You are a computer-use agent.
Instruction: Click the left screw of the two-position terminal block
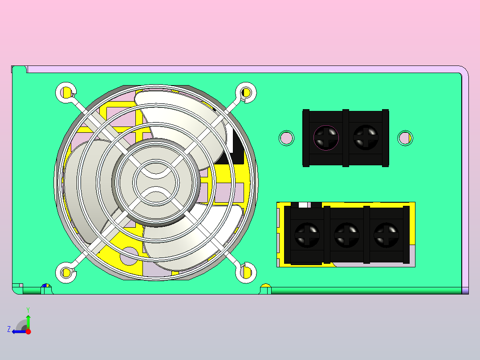pyautogui.click(x=326, y=138)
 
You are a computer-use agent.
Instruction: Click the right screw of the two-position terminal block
pyautogui.click(x=366, y=138)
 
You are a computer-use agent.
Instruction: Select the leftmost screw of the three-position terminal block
pyautogui.click(x=307, y=235)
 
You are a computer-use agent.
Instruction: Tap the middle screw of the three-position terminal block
pyautogui.click(x=346, y=235)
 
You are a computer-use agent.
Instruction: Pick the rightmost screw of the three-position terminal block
pyautogui.click(x=386, y=235)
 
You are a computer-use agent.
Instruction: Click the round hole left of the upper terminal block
pyautogui.click(x=287, y=138)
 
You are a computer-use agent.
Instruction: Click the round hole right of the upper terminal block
pyautogui.click(x=405, y=138)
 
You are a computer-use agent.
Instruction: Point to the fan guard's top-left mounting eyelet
pyautogui.click(x=66, y=92)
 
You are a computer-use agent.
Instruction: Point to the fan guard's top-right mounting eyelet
pyautogui.click(x=246, y=92)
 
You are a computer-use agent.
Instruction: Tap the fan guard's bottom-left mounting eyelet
pyautogui.click(x=66, y=272)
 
